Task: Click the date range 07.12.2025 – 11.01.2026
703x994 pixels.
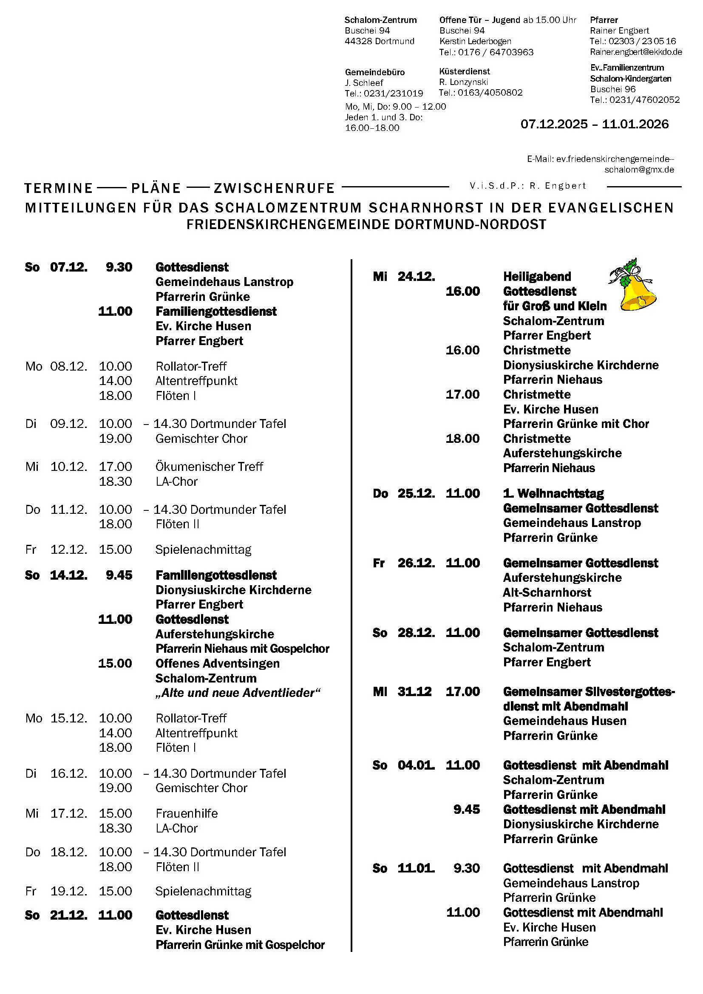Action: click(x=594, y=124)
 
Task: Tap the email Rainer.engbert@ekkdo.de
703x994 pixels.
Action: click(x=635, y=52)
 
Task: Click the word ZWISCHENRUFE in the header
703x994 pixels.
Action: click(x=274, y=188)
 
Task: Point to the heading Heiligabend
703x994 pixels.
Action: click(x=537, y=276)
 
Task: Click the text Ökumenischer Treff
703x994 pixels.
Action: click(x=209, y=466)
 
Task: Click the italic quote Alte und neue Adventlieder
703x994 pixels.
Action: click(x=238, y=693)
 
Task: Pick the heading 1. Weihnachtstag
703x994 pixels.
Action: click(x=553, y=493)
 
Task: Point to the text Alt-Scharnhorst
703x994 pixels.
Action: click(x=547, y=592)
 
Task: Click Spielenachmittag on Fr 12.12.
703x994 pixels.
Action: click(x=203, y=549)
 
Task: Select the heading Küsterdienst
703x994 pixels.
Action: click(x=465, y=71)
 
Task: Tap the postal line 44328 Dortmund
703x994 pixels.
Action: click(x=379, y=41)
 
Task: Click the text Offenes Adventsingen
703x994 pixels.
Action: click(x=217, y=663)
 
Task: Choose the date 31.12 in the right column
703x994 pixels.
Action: click(x=414, y=691)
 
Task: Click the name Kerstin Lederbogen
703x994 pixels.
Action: click(x=475, y=41)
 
